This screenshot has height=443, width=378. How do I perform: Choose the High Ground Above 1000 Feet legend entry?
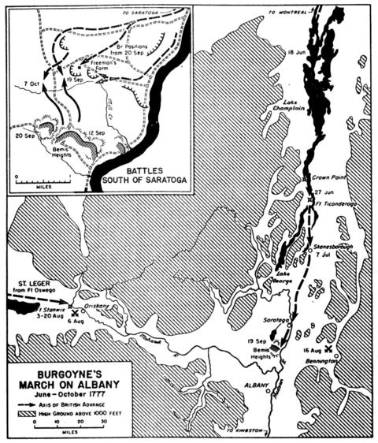(x=88, y=411)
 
